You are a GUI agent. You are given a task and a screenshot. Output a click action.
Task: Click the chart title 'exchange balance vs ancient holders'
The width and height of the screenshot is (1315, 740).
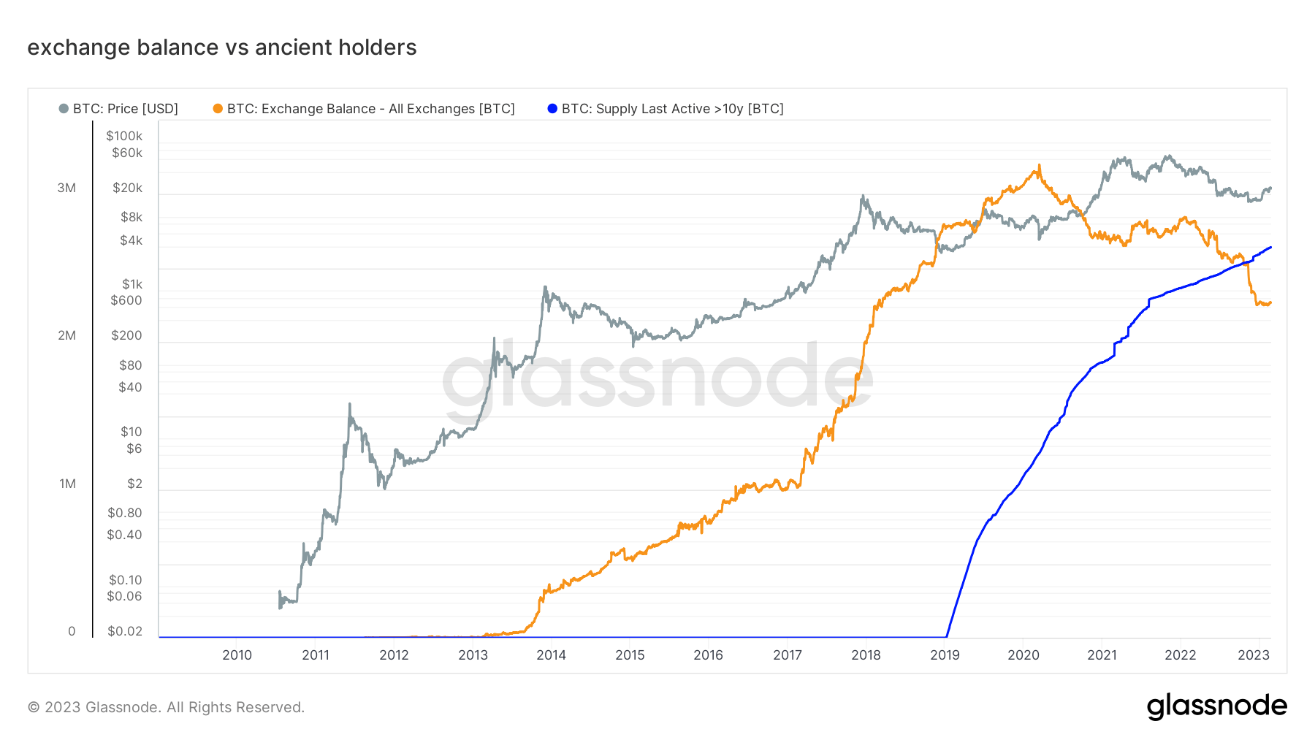221,47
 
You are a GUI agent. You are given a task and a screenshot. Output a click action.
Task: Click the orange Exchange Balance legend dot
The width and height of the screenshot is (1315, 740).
218,109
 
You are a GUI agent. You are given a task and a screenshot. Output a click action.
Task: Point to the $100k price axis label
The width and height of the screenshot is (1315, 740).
124,136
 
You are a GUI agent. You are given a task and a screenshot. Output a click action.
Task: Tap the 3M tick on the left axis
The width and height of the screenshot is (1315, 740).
66,188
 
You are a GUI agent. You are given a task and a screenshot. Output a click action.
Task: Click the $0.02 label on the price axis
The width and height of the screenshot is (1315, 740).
125,631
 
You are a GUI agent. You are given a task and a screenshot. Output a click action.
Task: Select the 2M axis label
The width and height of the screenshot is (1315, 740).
66,336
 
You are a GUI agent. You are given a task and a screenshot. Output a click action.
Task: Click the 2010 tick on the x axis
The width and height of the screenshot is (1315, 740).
237,655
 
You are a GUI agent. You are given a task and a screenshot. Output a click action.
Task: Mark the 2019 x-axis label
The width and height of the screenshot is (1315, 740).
945,655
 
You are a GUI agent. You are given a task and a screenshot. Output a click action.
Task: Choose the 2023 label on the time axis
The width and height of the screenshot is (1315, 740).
1254,655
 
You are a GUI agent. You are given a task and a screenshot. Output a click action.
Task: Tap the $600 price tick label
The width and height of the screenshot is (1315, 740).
126,300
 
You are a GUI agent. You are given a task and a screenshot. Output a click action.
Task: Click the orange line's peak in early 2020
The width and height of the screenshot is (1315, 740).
1038,167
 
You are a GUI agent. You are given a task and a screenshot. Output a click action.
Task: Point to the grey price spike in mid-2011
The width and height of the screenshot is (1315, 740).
350,404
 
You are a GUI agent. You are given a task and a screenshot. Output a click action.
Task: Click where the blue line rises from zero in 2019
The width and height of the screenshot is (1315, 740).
947,636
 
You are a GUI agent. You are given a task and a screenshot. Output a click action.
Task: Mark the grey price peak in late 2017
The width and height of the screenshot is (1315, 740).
863,196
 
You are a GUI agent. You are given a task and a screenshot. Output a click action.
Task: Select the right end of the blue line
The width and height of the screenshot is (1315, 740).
1270,248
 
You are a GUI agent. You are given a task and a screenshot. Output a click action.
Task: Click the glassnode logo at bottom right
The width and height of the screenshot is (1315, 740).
1216,706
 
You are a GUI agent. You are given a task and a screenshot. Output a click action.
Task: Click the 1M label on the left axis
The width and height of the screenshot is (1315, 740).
67,484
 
